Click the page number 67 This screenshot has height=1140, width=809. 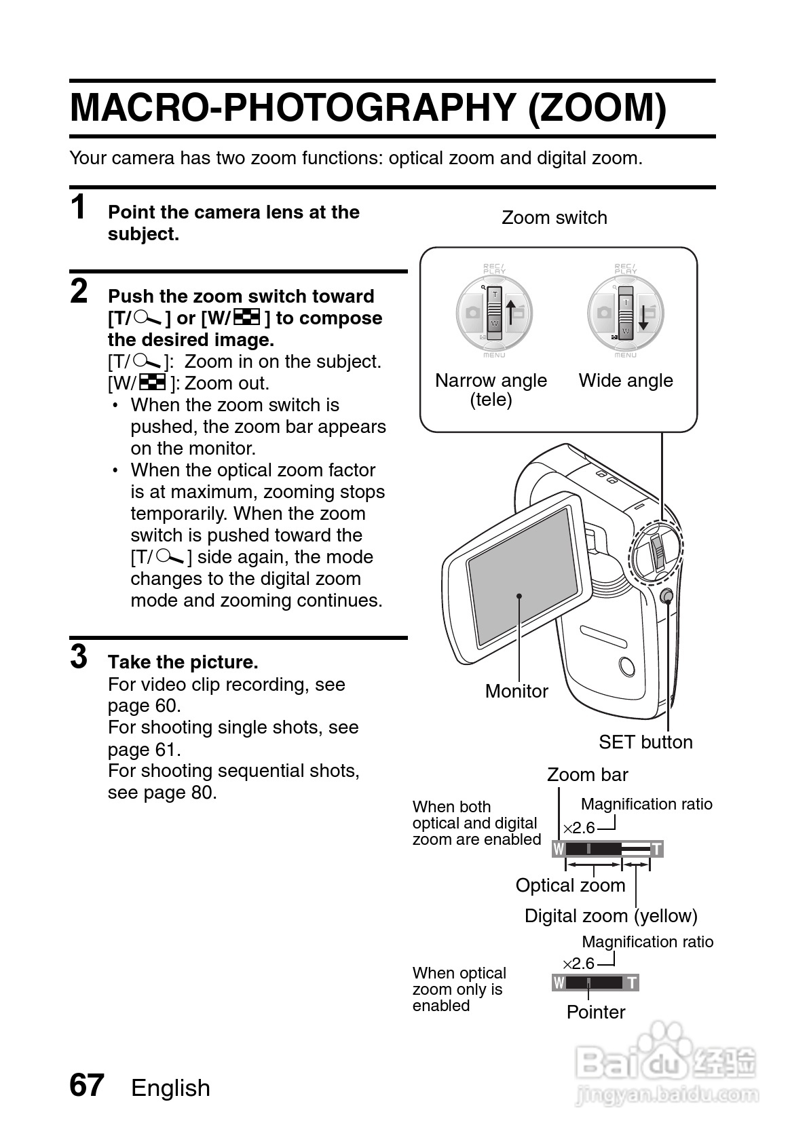tap(87, 1086)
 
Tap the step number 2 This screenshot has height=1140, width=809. tap(79, 292)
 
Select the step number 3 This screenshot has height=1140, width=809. tap(79, 658)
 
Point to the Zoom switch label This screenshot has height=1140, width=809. tap(554, 218)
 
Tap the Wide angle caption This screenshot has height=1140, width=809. tap(625, 381)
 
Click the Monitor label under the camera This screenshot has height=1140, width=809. tap(516, 691)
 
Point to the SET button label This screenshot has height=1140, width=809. tap(645, 742)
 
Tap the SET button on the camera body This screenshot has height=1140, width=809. tap(666, 596)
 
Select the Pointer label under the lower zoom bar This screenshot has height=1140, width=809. tap(596, 1012)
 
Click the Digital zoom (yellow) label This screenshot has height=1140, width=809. tap(611, 916)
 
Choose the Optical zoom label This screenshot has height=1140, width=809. tap(570, 886)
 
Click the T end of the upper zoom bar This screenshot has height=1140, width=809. tap(656, 849)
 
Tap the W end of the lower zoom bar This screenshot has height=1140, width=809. tap(559, 983)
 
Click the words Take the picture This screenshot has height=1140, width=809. tap(183, 662)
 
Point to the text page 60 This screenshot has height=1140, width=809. tap(144, 706)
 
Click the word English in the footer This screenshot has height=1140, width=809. tap(170, 1088)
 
